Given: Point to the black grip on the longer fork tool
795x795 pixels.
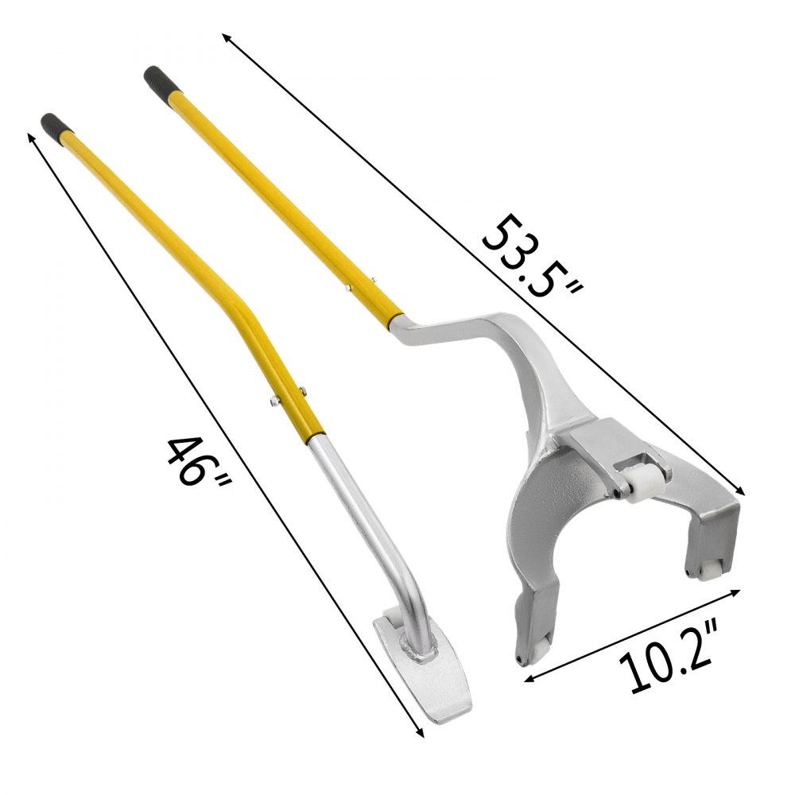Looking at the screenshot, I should click(x=156, y=83).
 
